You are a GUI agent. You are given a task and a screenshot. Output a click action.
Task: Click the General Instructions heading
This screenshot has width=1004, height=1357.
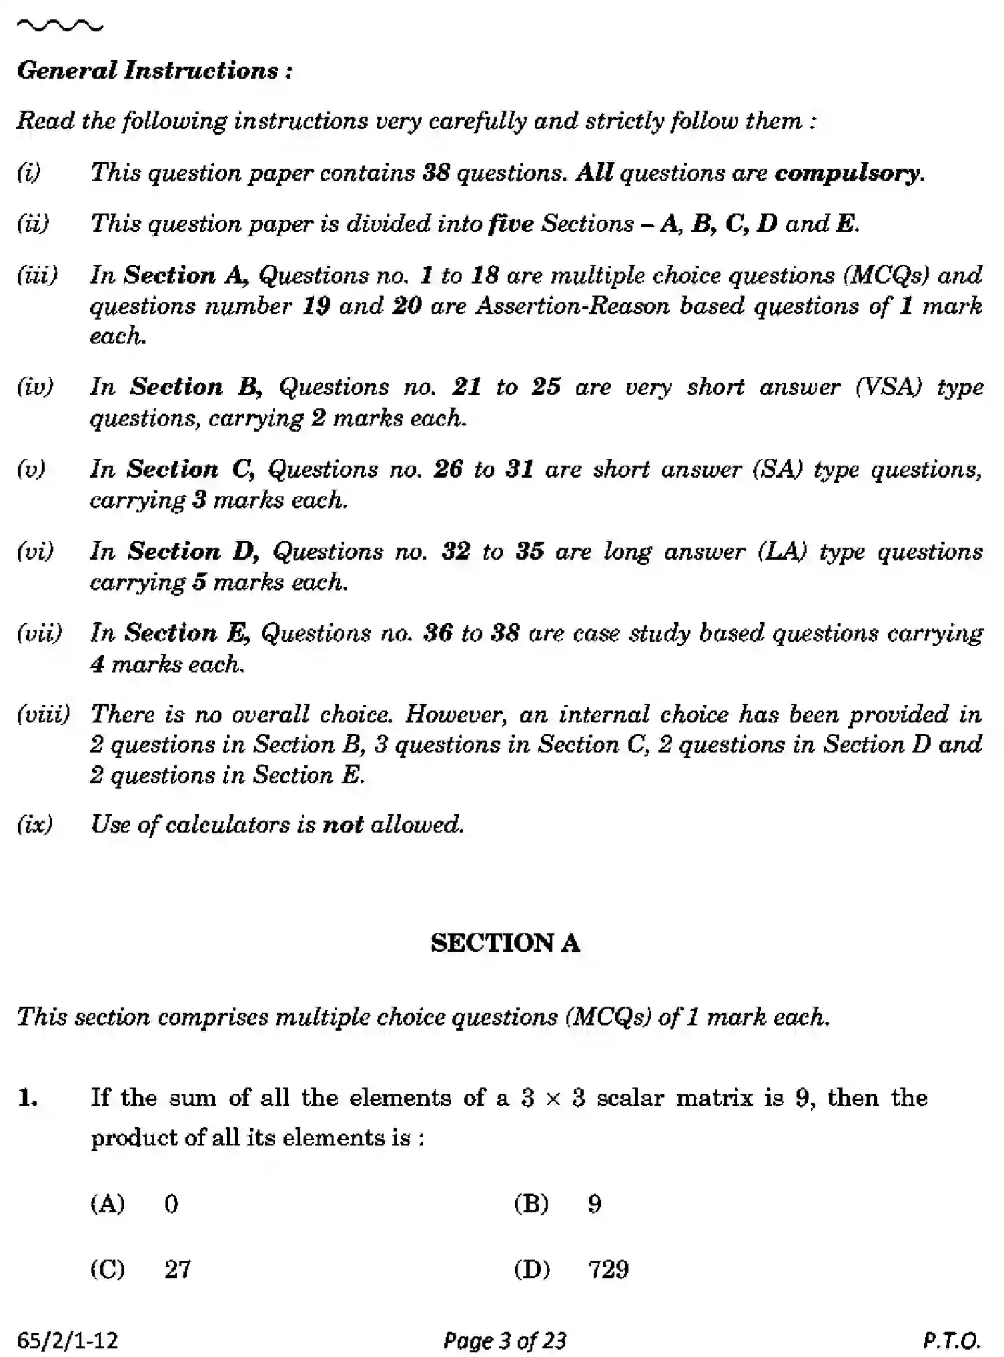coord(154,71)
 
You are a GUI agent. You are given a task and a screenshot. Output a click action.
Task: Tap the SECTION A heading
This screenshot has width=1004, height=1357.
coord(505,943)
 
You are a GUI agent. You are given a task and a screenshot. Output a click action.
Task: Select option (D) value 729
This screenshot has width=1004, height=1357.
coord(608,1269)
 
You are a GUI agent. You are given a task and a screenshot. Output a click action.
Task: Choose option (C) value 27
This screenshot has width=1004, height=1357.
coord(177,1269)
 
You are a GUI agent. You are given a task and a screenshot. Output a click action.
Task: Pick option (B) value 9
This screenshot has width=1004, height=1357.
coord(594,1204)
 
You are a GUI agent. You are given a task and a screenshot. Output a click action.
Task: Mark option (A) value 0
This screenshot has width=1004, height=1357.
coord(171,1204)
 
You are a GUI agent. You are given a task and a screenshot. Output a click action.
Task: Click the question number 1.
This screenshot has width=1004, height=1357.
coord(27,1097)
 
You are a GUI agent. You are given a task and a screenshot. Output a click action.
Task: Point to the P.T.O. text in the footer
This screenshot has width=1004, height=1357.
coord(951,1340)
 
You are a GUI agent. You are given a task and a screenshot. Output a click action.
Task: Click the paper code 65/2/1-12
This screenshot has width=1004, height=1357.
coord(67,1340)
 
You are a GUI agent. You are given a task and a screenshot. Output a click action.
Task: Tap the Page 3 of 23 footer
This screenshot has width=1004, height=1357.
coord(504,1340)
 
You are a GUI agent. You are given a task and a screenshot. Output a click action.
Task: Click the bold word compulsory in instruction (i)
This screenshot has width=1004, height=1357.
coord(849,173)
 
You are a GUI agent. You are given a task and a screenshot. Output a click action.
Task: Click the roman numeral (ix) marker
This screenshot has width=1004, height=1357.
coord(34,825)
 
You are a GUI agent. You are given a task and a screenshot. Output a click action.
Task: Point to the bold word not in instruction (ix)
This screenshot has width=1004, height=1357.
coord(342,825)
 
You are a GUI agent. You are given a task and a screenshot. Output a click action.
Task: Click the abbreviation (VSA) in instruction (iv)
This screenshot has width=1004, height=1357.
coord(888,387)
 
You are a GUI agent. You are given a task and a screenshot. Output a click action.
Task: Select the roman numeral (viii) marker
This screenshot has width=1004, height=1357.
coord(43,715)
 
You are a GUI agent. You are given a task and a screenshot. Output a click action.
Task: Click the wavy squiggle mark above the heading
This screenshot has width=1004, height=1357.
coord(59,27)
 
